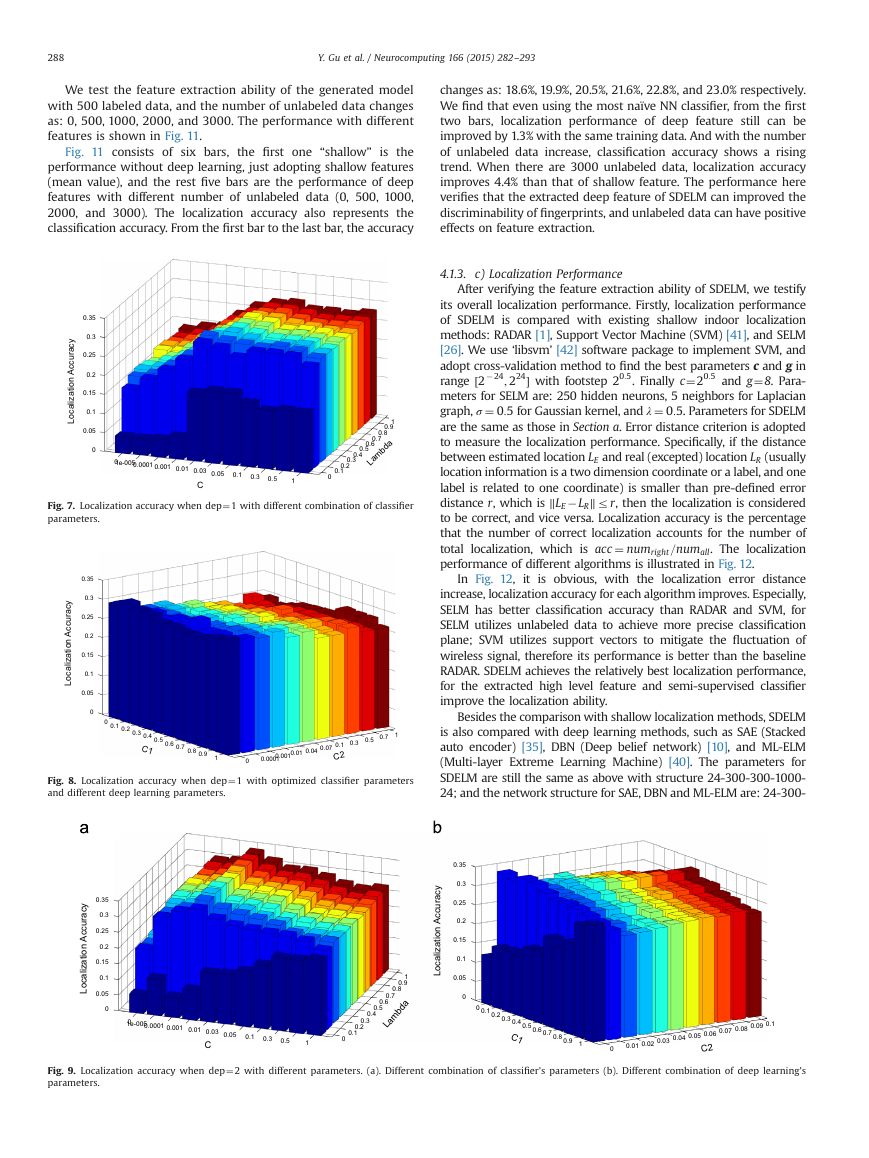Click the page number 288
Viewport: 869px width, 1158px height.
(x=55, y=58)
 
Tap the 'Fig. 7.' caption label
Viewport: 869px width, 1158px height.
(x=61, y=506)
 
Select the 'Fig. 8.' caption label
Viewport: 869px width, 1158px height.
(x=61, y=781)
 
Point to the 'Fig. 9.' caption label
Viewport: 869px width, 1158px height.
(x=61, y=1070)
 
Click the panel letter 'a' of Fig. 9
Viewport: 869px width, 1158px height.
(x=84, y=828)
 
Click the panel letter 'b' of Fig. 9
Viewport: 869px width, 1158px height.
(x=437, y=827)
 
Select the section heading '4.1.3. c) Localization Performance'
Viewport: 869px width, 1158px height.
(x=531, y=274)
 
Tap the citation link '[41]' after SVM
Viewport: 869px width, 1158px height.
(x=736, y=335)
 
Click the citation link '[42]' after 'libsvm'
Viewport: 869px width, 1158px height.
(x=566, y=350)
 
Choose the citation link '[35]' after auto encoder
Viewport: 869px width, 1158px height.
(x=532, y=747)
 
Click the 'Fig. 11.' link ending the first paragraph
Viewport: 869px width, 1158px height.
(x=183, y=136)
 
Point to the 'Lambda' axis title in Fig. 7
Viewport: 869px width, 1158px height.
(x=379, y=451)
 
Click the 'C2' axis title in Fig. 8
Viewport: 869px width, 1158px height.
(x=338, y=756)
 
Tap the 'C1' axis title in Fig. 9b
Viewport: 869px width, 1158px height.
(x=517, y=1038)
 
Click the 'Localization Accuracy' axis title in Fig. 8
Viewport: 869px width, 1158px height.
(x=68, y=643)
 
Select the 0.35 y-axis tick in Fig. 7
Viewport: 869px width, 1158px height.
(x=89, y=318)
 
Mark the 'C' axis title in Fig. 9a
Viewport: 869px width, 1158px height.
(x=207, y=1044)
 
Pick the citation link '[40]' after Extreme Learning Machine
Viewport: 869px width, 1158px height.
(x=679, y=762)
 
